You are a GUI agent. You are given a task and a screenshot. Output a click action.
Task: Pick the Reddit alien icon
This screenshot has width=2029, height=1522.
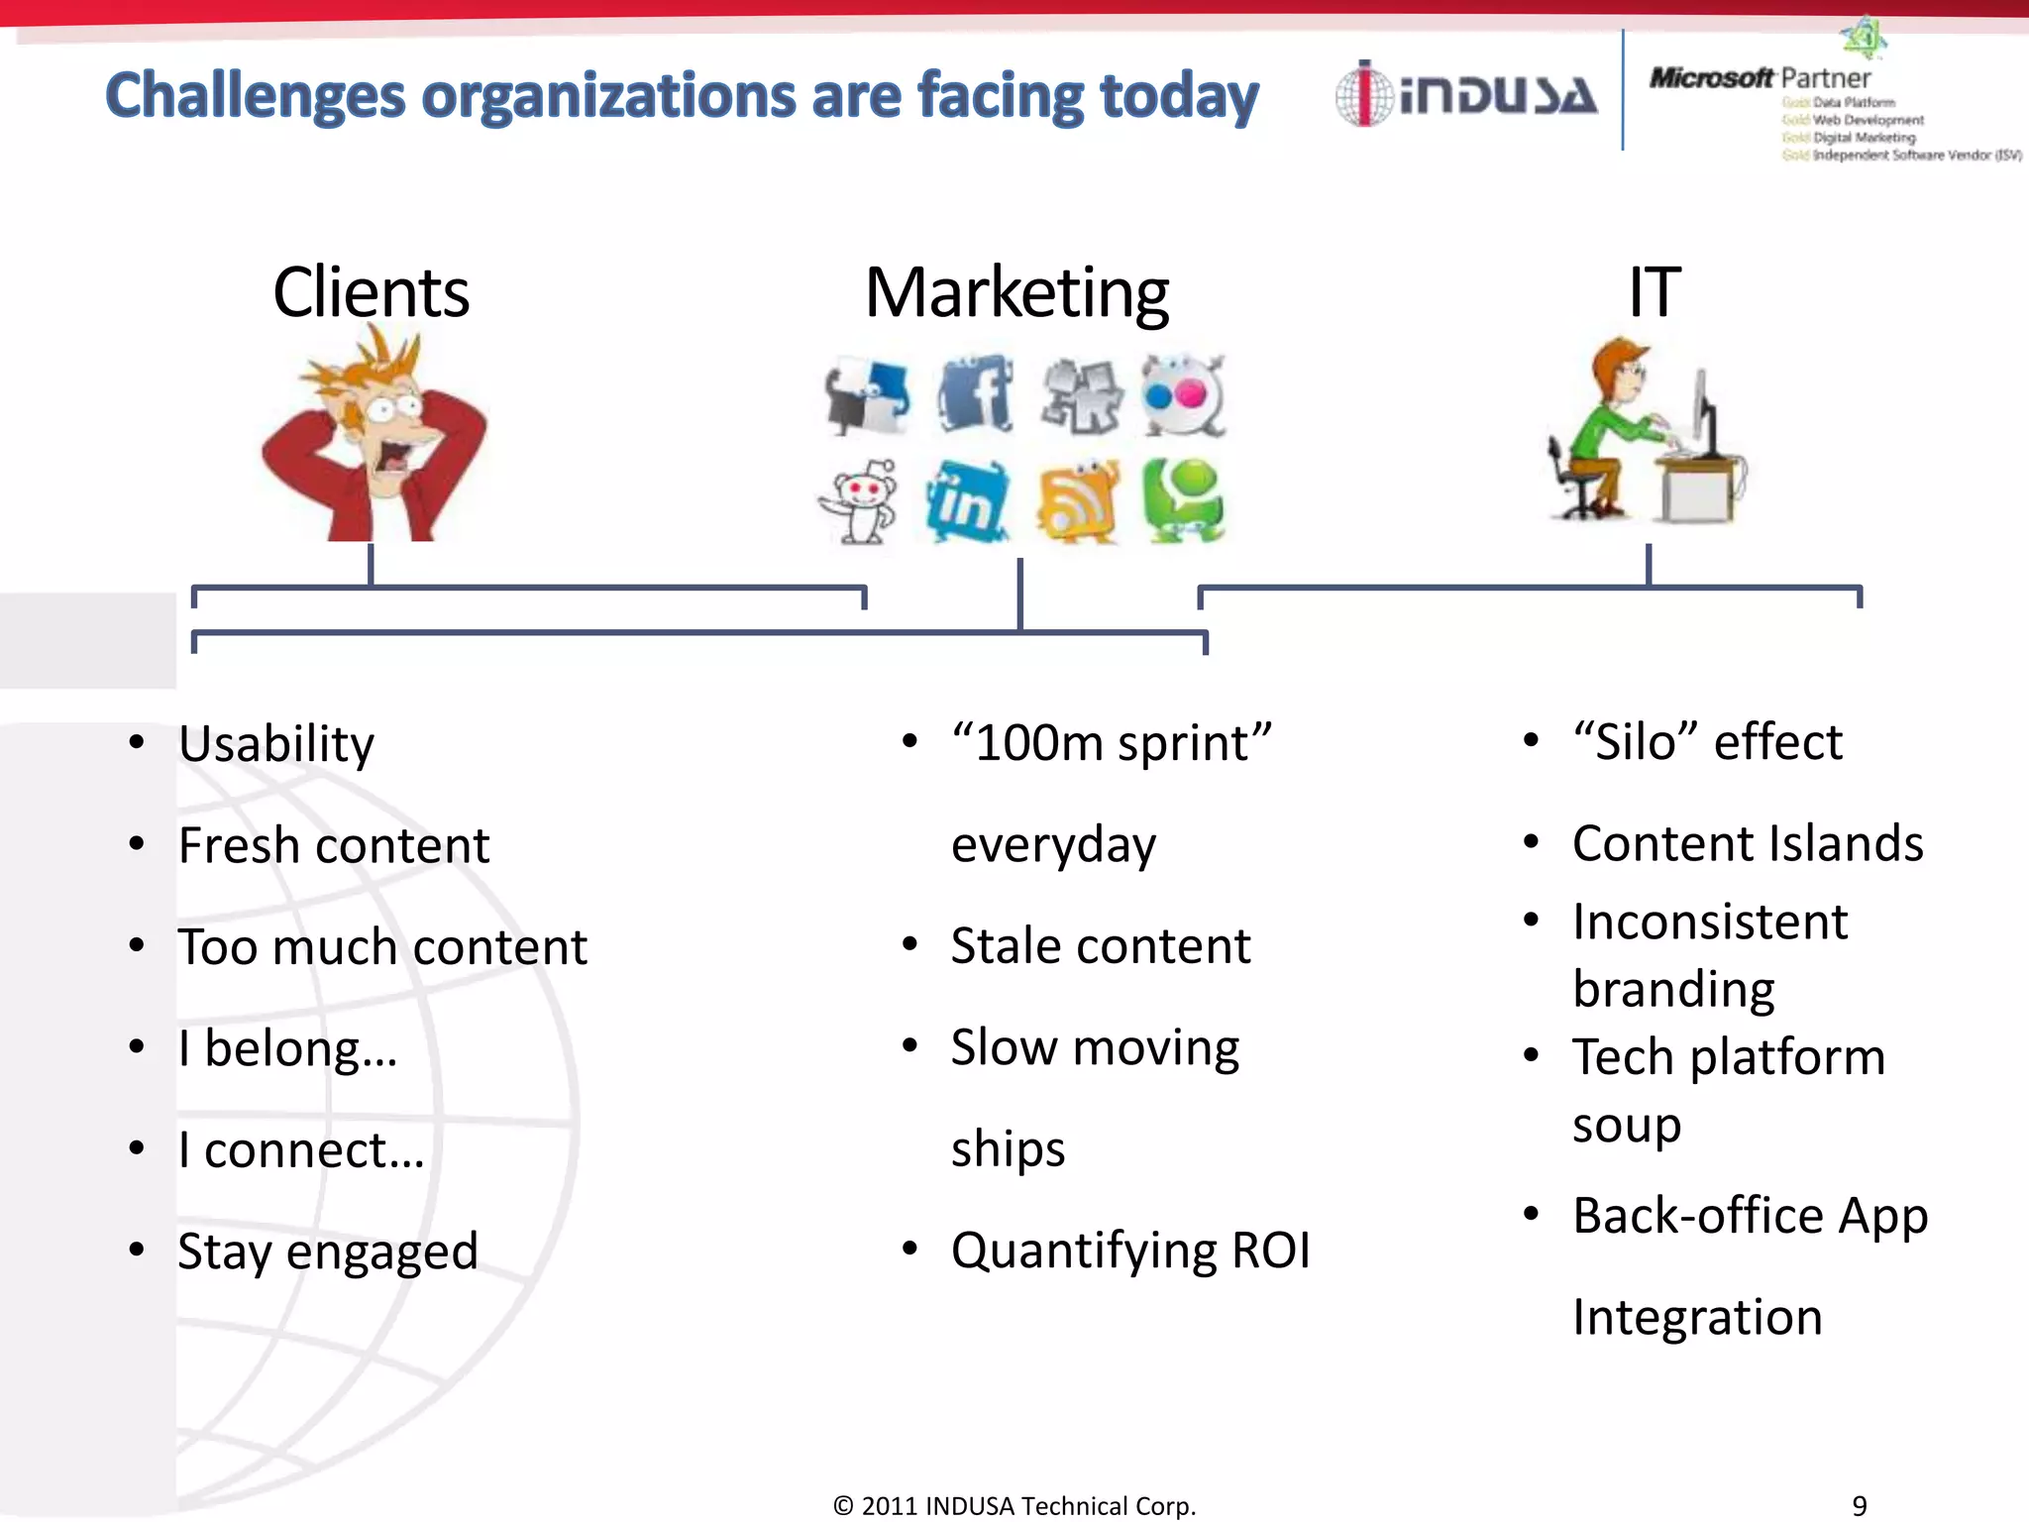pos(860,500)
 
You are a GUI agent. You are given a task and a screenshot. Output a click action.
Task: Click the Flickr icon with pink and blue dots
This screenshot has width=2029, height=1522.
pos(1183,394)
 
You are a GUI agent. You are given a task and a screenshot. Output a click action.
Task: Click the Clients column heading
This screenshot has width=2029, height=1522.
pos(371,293)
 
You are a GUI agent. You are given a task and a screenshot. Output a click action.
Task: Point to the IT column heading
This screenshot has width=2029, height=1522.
pos(1654,293)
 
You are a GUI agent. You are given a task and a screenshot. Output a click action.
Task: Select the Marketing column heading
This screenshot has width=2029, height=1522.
pos(1016,293)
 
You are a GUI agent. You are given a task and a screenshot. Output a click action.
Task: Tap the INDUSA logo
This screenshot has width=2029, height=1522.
pos(1466,95)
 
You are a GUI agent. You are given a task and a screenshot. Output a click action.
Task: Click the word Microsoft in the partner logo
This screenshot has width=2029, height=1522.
pos(1711,77)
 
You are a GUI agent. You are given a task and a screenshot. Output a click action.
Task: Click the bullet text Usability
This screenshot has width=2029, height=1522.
pos(276,744)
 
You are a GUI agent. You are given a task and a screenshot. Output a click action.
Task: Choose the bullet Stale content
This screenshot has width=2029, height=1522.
pos(1100,946)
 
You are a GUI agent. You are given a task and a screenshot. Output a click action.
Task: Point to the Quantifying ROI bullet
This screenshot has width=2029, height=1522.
pos(1129,1250)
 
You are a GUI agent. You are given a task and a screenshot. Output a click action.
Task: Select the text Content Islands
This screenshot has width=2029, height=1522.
pos(1748,844)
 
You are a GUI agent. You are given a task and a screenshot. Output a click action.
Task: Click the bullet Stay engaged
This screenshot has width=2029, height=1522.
pos(328,1251)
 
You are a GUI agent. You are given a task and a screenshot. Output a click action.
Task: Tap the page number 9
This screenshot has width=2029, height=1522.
pos(1860,1505)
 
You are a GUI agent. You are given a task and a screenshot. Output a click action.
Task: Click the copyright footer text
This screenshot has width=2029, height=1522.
pos(1014,1506)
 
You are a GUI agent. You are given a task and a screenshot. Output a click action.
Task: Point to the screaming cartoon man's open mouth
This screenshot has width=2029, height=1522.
pos(394,459)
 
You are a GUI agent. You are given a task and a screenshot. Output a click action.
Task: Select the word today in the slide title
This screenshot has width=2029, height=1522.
pos(1179,97)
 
